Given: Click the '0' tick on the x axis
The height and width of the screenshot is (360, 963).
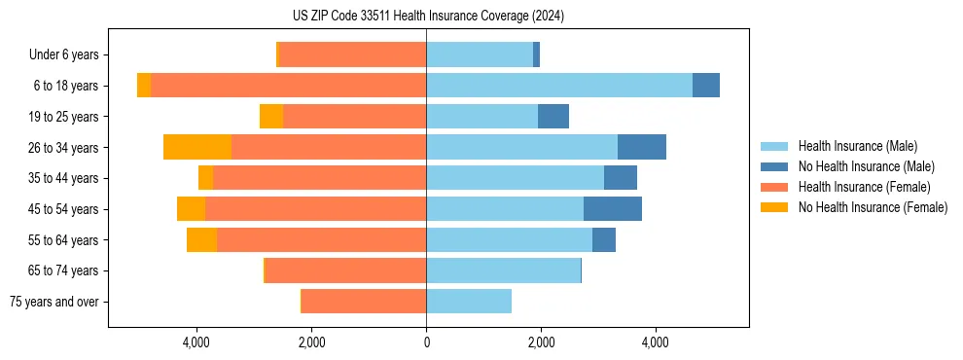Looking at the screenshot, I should point(426,342).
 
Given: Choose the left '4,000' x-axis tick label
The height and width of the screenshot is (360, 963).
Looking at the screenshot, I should point(196,342).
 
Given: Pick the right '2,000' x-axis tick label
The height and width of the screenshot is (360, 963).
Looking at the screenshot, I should point(541,342).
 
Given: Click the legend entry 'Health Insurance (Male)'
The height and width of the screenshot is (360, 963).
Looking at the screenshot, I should point(857,146).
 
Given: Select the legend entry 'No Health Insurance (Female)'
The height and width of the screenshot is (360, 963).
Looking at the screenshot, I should point(873,207).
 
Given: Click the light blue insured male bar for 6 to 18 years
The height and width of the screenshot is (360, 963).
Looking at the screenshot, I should point(559,86).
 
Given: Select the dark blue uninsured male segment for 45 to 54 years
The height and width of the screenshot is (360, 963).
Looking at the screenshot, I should point(613,209).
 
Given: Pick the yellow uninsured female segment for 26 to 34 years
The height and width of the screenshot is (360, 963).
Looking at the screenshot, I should point(197,147).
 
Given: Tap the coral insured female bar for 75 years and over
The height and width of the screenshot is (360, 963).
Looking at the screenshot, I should point(364,302).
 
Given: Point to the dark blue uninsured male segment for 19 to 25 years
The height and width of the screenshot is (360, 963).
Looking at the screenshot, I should point(553,117).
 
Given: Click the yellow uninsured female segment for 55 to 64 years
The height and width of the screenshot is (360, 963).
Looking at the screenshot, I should point(201,240).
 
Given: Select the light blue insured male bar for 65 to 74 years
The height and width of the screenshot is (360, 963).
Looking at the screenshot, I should point(503,270).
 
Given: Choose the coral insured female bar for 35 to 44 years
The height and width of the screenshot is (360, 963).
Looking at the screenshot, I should point(319,178).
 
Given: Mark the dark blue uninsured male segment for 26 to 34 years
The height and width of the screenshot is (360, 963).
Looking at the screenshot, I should point(642,147).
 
